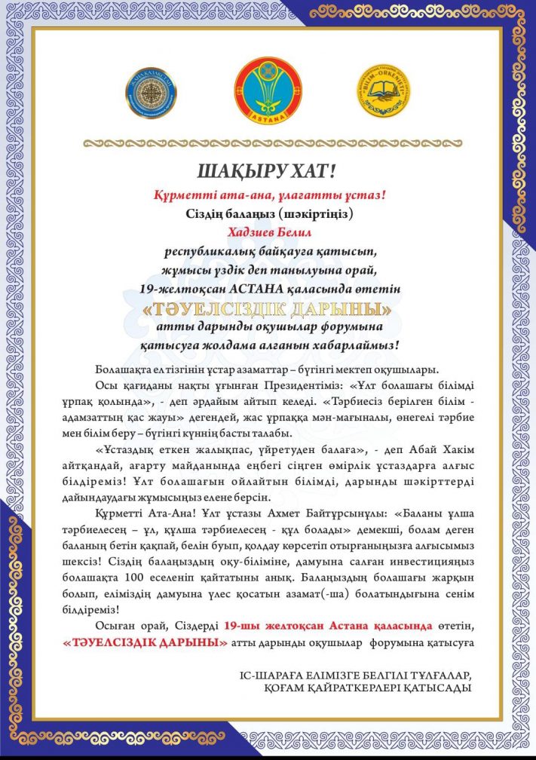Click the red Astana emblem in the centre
click(268, 92)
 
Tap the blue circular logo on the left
click(151, 93)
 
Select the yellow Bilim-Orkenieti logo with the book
click(384, 91)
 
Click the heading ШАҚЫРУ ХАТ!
click(268, 170)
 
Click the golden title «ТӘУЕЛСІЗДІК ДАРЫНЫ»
click(268, 309)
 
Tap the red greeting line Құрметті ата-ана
click(268, 195)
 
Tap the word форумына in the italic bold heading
click(353, 327)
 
